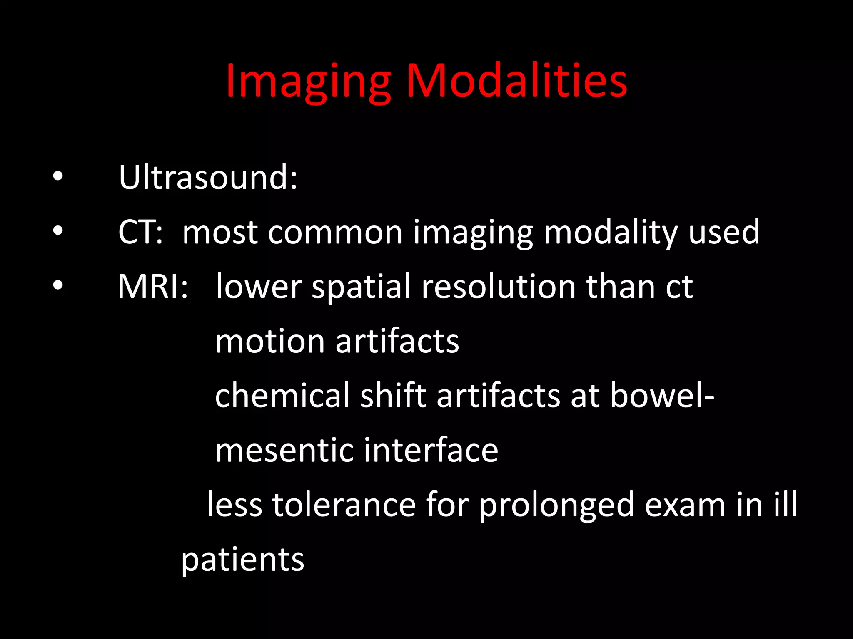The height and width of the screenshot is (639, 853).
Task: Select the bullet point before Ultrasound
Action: tap(58, 176)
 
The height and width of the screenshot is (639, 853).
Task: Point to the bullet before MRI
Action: tap(58, 285)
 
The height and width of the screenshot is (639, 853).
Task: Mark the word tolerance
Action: tap(344, 505)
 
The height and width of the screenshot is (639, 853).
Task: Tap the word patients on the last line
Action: tap(243, 560)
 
